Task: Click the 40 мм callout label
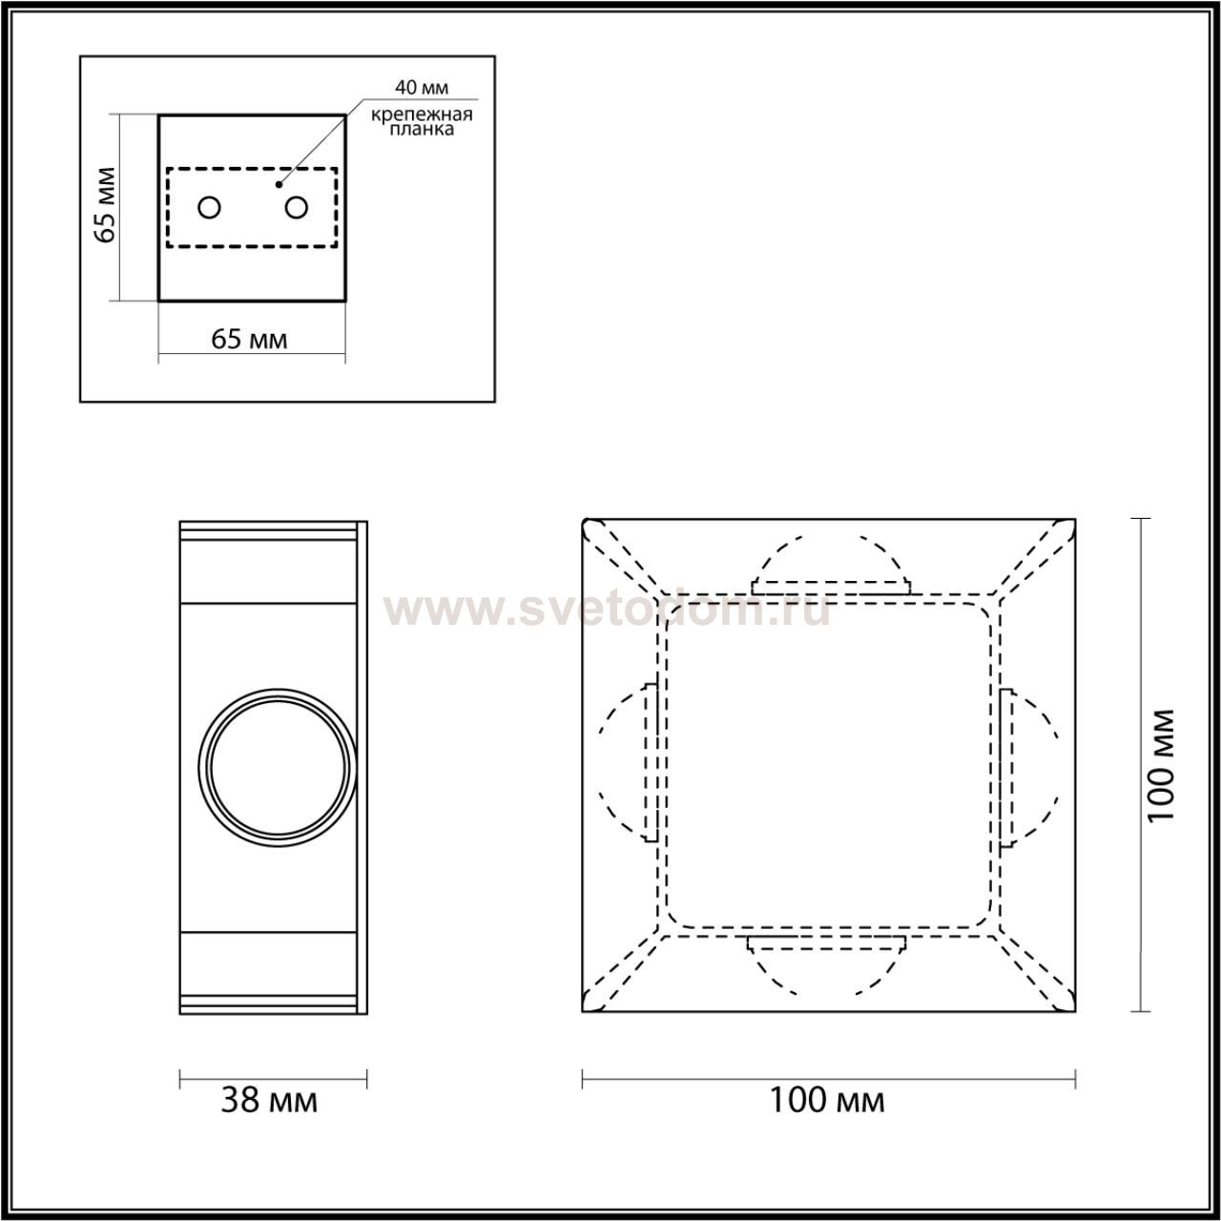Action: [422, 87]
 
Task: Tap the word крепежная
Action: [422, 114]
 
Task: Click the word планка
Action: [422, 130]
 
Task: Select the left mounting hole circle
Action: [209, 207]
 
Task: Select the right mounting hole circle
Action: [296, 207]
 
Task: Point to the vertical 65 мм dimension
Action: [104, 205]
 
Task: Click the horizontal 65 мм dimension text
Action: [249, 340]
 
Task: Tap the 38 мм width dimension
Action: [269, 1118]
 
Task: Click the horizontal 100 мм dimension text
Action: [827, 1118]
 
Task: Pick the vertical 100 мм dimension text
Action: [1161, 765]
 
